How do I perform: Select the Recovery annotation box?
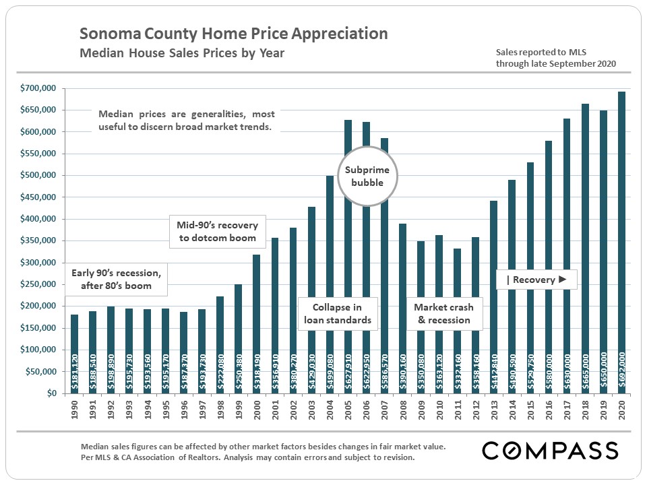(536, 280)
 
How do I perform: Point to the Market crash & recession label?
(443, 313)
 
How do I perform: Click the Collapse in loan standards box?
(337, 313)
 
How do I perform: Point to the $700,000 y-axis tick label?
(40, 88)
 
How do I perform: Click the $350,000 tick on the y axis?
(40, 240)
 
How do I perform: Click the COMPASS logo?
(550, 450)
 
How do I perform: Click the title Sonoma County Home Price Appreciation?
(234, 34)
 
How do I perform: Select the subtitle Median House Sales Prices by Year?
(182, 53)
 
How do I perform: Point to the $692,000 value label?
(621, 369)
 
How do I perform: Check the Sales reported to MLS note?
(555, 57)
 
